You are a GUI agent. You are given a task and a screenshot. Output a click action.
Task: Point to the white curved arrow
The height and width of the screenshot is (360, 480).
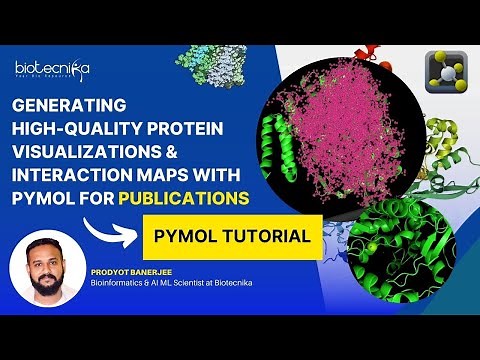[x=104, y=229]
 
